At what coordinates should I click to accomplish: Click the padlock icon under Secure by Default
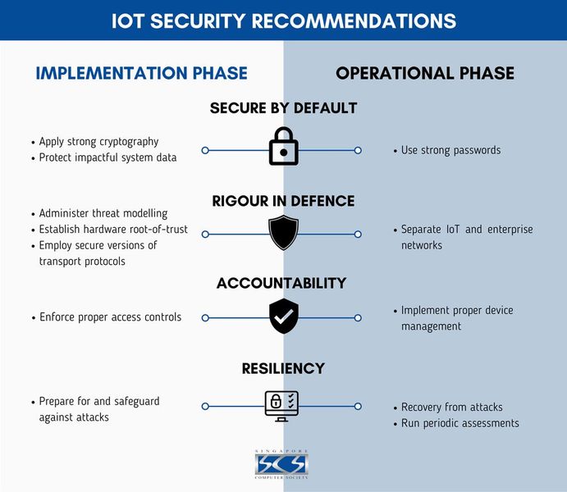(x=283, y=148)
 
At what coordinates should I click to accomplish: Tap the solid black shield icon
(x=283, y=232)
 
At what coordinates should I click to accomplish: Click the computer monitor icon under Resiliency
(x=282, y=405)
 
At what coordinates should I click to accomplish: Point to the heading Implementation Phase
(x=141, y=73)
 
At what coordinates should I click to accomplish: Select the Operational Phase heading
(x=425, y=73)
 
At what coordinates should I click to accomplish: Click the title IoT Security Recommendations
(x=283, y=20)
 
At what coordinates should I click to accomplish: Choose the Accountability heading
(x=281, y=283)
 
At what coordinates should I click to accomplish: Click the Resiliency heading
(x=283, y=368)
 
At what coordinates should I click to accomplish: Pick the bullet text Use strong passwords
(x=450, y=150)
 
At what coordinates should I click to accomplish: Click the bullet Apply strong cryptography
(x=98, y=142)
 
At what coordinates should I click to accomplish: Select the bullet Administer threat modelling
(x=103, y=213)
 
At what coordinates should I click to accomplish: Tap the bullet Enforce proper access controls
(x=110, y=317)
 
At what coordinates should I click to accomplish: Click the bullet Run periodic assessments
(x=460, y=423)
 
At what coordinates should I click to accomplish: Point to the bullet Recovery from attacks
(x=451, y=408)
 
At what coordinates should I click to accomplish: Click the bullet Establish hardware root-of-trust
(x=113, y=230)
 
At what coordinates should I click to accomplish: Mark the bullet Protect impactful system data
(x=107, y=157)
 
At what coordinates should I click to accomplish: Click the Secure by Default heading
(x=283, y=108)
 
